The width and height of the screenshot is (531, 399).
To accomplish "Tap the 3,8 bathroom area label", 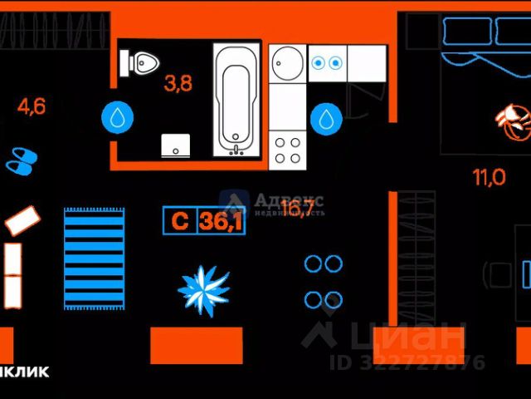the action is pos(178,84).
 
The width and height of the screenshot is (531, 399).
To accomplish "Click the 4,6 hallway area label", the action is pos(32,106).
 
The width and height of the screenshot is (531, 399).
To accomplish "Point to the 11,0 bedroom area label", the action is pos(489,177).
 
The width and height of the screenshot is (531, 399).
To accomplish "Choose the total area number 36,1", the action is pos(222,222).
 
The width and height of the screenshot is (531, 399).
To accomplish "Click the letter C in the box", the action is pos(179,222).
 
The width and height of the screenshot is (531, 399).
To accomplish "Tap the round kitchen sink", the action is pos(288,62).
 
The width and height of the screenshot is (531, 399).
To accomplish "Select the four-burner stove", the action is pos(288,150).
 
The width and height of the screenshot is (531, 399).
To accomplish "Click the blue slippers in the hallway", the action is pos(22,160).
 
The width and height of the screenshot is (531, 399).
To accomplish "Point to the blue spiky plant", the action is pos(203,288).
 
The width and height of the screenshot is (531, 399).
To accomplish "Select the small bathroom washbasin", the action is pos(175,145).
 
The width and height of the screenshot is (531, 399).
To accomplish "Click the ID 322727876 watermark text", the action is pos(407,362).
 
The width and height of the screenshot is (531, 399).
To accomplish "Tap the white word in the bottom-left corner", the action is pos(24,372).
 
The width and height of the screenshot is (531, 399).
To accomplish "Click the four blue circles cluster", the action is pos(323,282).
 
